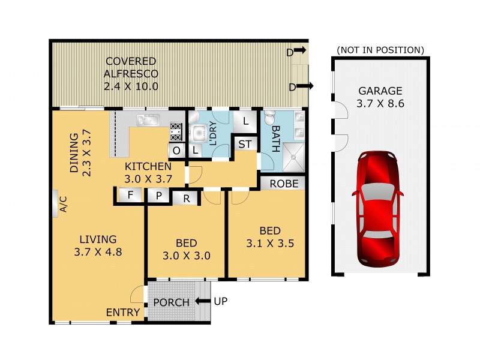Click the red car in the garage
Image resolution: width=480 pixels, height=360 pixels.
click(380, 208)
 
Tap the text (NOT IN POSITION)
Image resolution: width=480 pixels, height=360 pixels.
click(380, 49)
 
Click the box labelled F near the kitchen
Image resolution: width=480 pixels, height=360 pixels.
click(130, 194)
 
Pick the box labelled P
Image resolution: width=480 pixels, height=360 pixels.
click(159, 195)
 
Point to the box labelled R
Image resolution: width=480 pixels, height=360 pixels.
click(186, 197)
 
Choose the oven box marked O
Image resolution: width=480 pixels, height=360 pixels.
click(177, 150)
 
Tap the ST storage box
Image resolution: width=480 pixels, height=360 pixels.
click(244, 144)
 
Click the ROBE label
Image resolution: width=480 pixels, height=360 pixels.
click(283, 184)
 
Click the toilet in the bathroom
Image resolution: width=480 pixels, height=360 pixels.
click(270, 116)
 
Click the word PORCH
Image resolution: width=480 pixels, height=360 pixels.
click(172, 302)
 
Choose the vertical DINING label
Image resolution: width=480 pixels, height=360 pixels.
click(79, 154)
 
